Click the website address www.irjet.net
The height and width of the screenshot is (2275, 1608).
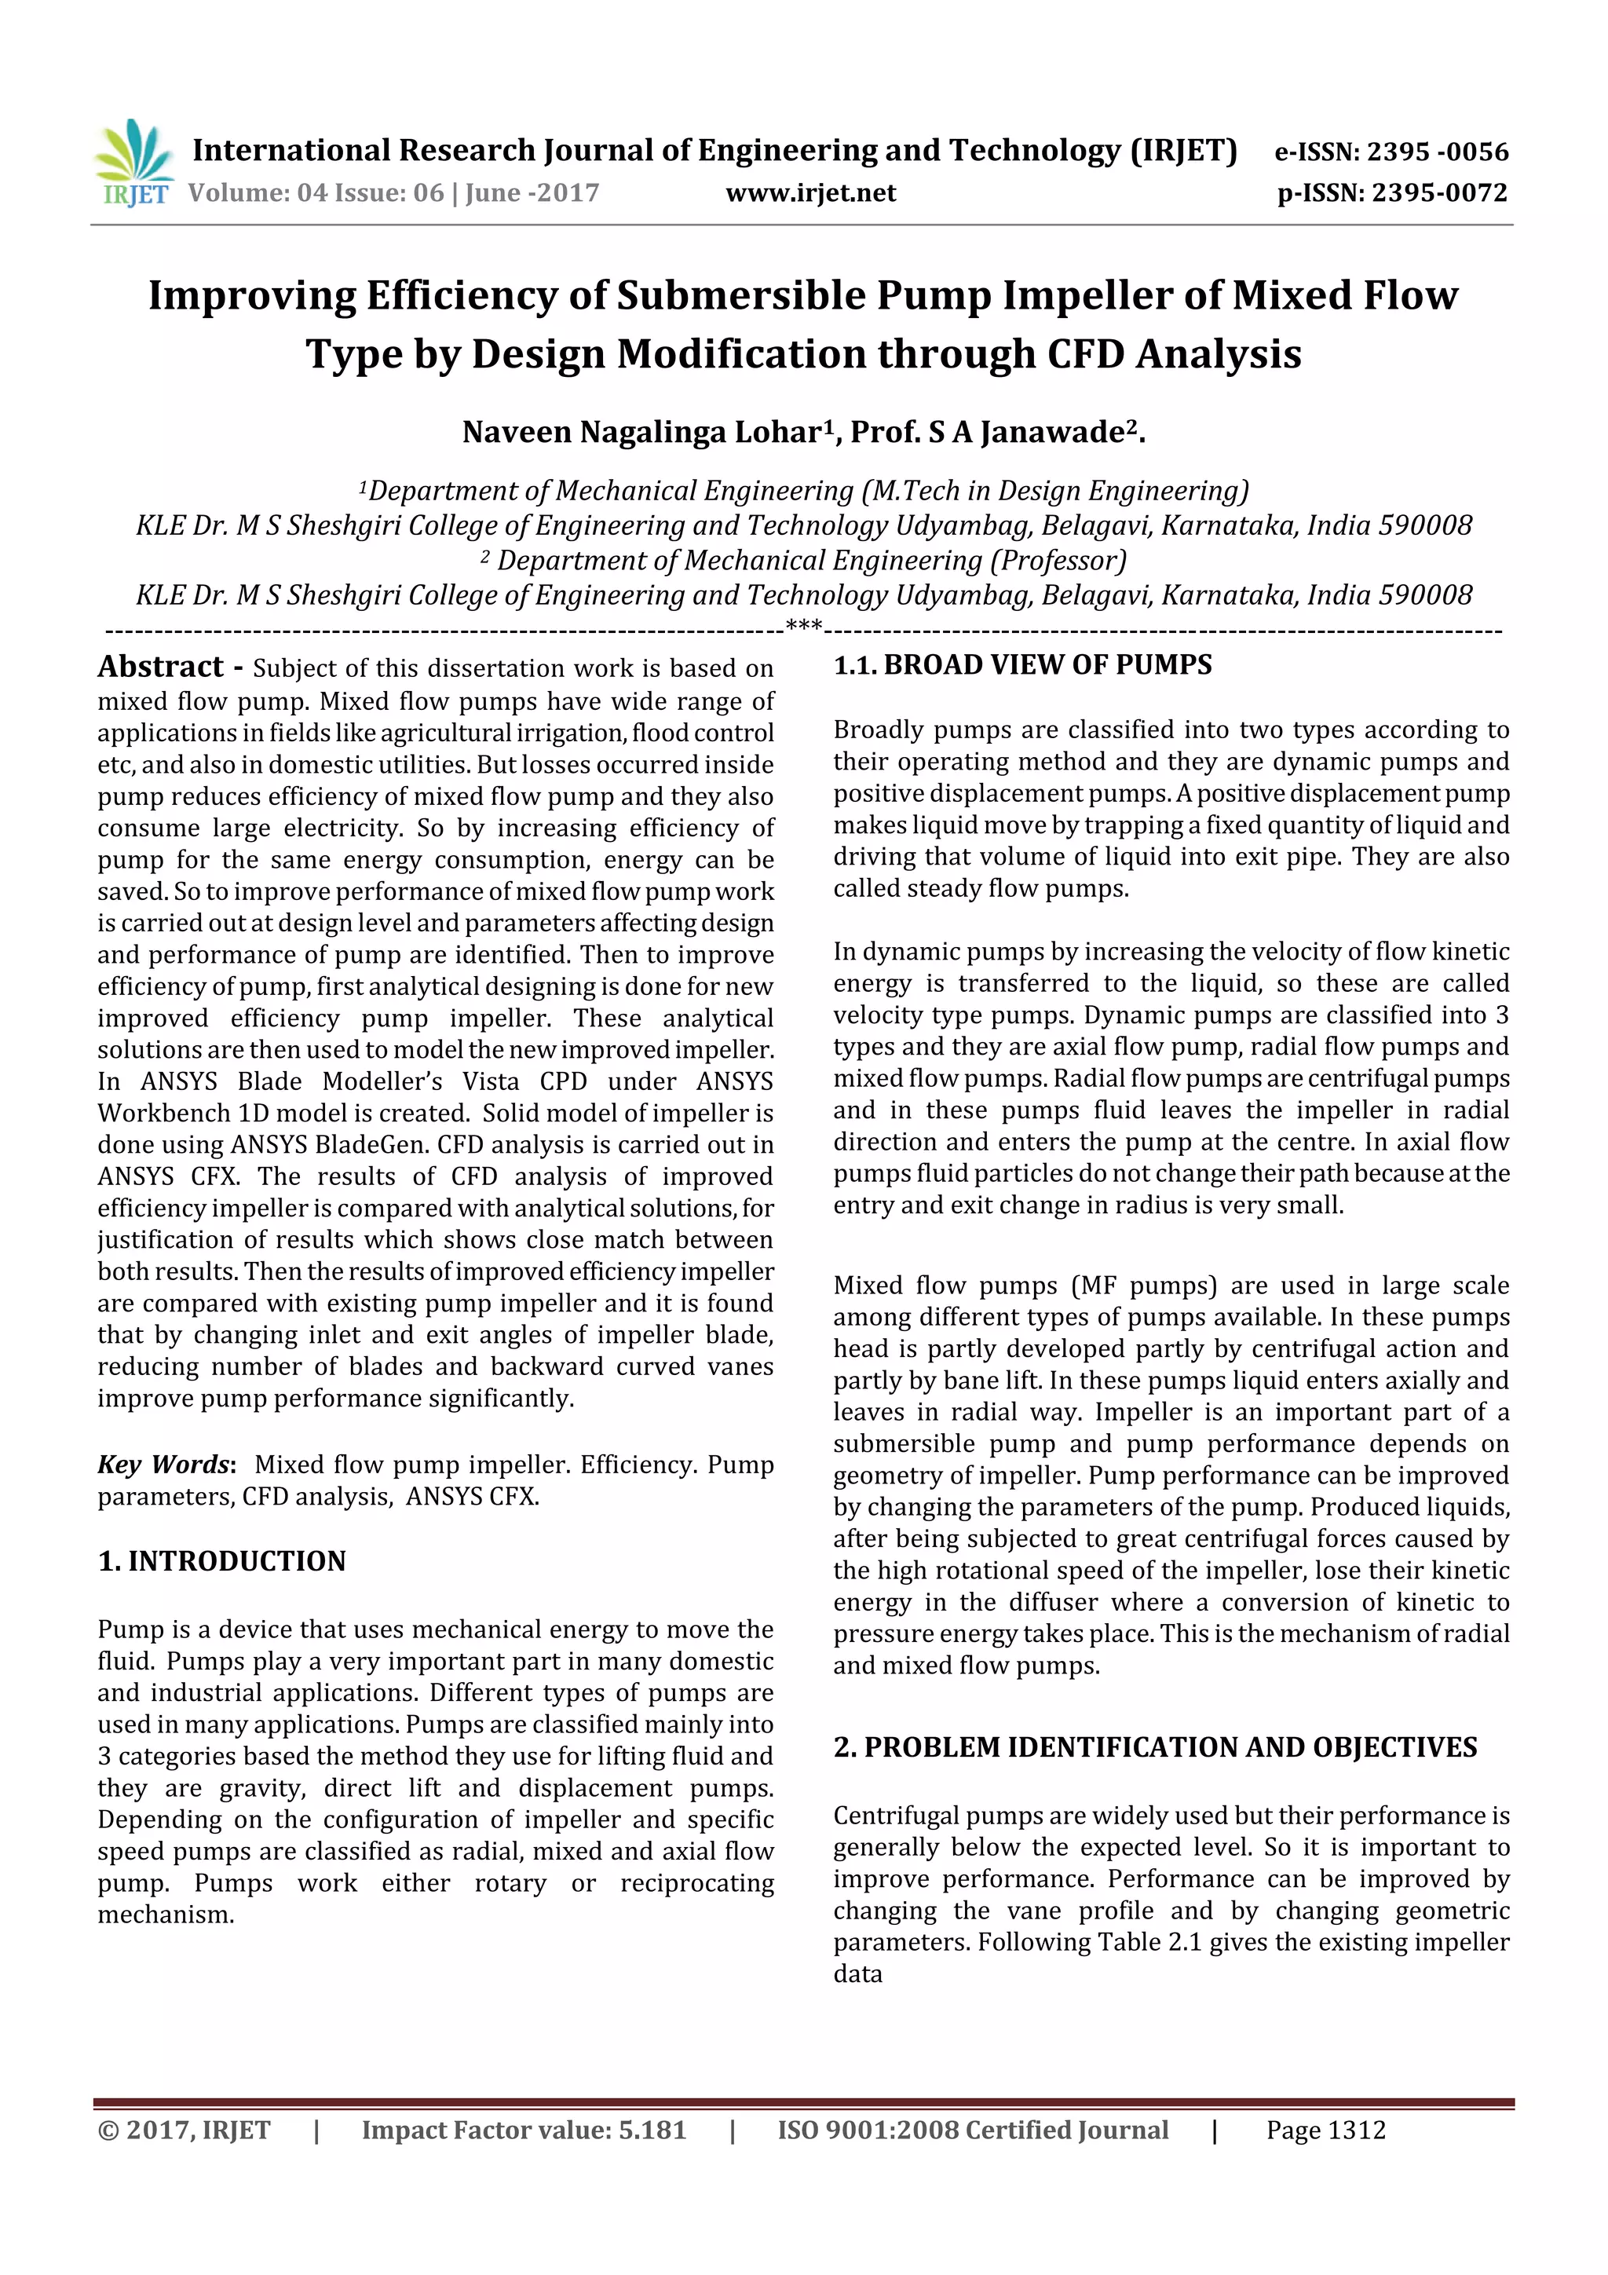(x=809, y=192)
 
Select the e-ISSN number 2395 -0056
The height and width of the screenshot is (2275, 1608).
(x=1437, y=152)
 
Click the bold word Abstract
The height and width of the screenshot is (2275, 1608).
(x=160, y=667)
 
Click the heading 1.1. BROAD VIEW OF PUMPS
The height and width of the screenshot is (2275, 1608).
(x=1021, y=665)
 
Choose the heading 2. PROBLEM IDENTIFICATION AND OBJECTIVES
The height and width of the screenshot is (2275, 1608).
(x=1154, y=1746)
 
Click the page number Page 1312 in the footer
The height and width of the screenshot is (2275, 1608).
(x=1325, y=2130)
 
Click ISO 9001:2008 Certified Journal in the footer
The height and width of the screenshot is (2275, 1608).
(x=972, y=2130)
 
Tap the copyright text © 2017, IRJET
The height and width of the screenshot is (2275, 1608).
(x=185, y=2130)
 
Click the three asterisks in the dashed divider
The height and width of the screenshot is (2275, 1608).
(x=802, y=626)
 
